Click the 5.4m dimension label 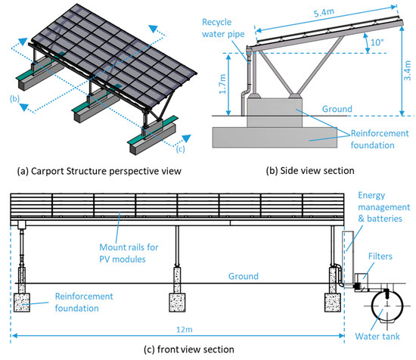click(324, 12)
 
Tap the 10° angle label click(377, 42)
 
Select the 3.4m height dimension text click(407, 70)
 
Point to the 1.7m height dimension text click(222, 84)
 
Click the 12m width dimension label click(185, 330)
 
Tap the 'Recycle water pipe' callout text click(223, 28)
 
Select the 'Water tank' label click(377, 336)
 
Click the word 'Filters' click(380, 256)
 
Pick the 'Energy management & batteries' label click(384, 207)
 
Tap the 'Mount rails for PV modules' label click(129, 253)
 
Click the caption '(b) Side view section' click(310, 171)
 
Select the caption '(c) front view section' click(189, 349)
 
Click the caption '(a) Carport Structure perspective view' click(99, 171)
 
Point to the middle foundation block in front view click(177, 303)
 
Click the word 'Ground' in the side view click(337, 109)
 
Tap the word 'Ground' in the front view click(244, 276)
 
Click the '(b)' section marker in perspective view click(14, 98)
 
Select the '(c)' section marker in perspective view click(180, 149)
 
